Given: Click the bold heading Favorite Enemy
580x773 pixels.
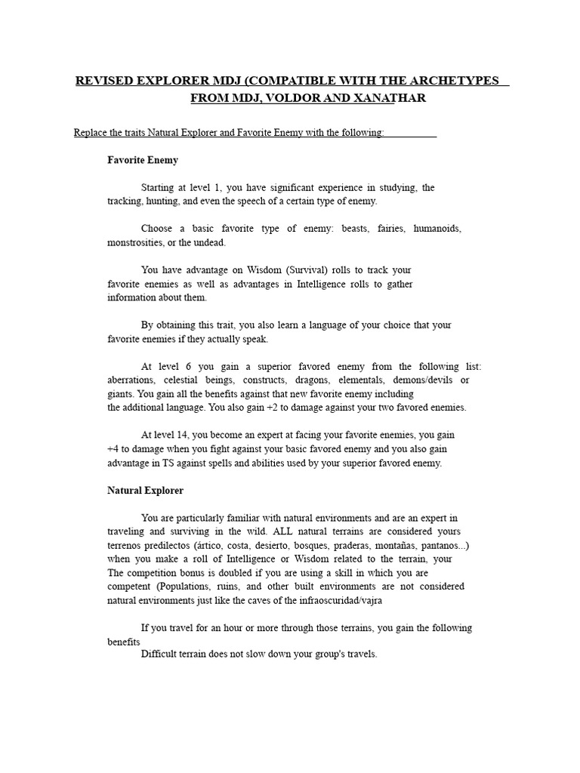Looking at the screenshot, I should click(143, 160).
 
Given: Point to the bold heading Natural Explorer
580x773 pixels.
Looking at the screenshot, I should click(145, 491).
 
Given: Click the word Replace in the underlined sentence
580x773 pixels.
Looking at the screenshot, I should click(91, 133).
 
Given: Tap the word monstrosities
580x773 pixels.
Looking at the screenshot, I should click(136, 242).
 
